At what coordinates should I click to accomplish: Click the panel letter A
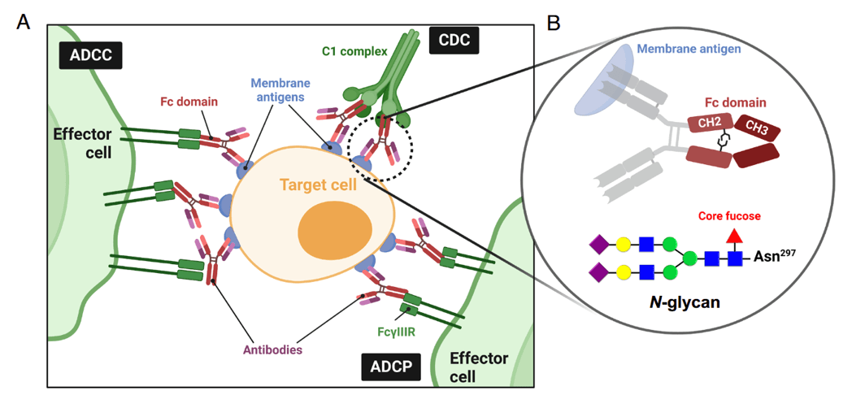24,22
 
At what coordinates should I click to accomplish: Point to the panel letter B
553,23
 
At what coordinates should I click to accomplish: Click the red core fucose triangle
734,237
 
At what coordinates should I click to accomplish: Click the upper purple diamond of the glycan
599,243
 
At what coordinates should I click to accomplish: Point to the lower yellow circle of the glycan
624,271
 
